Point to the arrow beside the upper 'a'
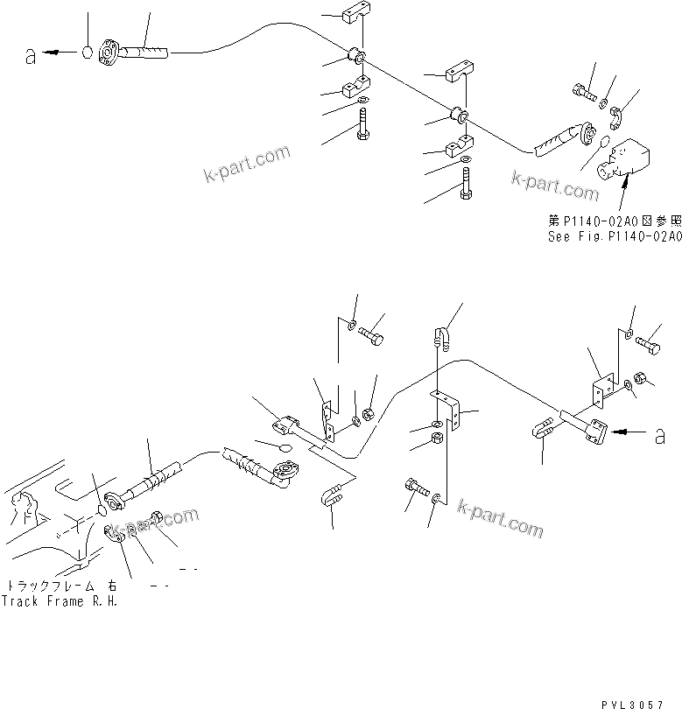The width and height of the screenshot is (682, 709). [x=61, y=53]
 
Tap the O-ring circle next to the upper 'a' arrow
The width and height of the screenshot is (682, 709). [x=88, y=52]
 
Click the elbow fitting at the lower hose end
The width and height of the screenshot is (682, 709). [x=282, y=474]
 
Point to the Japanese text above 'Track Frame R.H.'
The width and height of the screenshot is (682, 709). [x=61, y=586]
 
